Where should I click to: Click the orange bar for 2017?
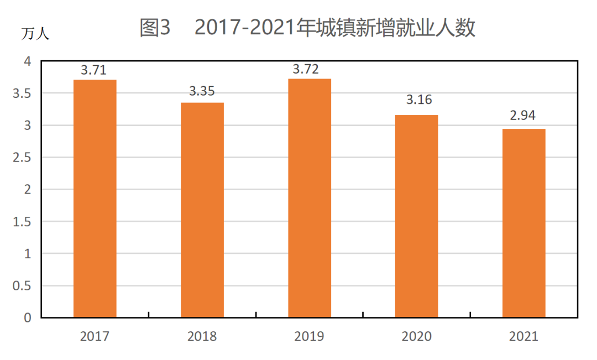pyautogui.click(x=95, y=199)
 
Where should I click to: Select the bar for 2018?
pyautogui.click(x=202, y=210)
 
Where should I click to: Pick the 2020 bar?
pyautogui.click(x=417, y=216)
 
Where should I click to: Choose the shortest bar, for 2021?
pyautogui.click(x=524, y=223)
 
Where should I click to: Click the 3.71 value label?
pyautogui.click(x=93, y=70)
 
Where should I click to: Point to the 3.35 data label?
pyautogui.click(x=202, y=92)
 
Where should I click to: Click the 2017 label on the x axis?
pyautogui.click(x=95, y=336)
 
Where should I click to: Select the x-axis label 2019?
pyautogui.click(x=310, y=336)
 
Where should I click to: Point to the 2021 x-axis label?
pyautogui.click(x=523, y=336)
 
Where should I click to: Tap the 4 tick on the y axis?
pyautogui.click(x=28, y=61)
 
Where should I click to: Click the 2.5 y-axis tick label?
pyautogui.click(x=23, y=158)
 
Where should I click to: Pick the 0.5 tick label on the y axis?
pyautogui.click(x=23, y=286)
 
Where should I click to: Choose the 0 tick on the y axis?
pyautogui.click(x=28, y=318)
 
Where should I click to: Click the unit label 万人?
pyautogui.click(x=35, y=34)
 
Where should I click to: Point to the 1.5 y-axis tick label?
pyautogui.click(x=23, y=222)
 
